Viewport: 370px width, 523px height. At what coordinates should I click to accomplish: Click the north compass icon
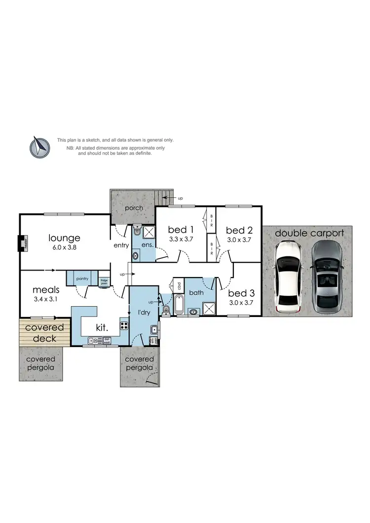pyautogui.click(x=39, y=147)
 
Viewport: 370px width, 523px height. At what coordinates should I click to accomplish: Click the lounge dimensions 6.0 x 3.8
pyautogui.click(x=64, y=248)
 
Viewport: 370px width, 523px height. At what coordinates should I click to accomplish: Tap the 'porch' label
pyautogui.click(x=134, y=208)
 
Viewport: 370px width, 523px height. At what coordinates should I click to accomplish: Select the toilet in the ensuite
pyautogui.click(x=137, y=231)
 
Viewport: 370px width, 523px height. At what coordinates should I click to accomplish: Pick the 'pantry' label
pyautogui.click(x=82, y=279)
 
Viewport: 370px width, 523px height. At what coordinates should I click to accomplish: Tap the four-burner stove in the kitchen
pyautogui.click(x=123, y=325)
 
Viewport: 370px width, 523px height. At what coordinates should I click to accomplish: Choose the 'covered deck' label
pyautogui.click(x=44, y=333)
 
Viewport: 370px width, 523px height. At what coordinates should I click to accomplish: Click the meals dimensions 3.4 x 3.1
pyautogui.click(x=45, y=300)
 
